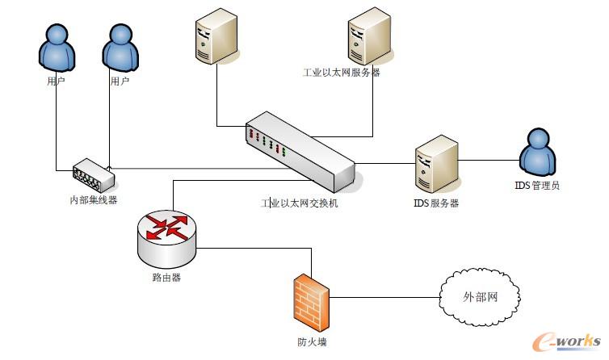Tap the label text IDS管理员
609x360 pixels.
pyautogui.click(x=537, y=186)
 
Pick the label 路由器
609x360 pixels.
pyautogui.click(x=166, y=278)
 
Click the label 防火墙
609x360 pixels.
pyautogui.click(x=311, y=341)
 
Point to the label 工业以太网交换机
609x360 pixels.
pyautogui.click(x=299, y=203)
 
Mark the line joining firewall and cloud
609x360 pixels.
pyautogui.click(x=384, y=297)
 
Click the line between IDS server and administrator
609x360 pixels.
pyautogui.click(x=489, y=160)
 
